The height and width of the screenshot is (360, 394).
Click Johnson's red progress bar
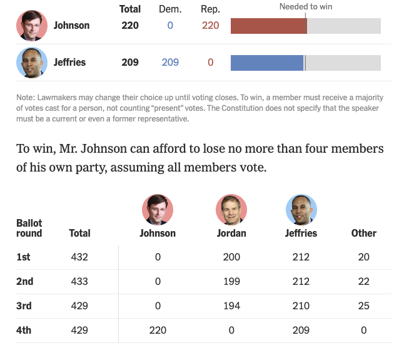[268, 26]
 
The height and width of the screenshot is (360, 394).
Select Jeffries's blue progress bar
[267, 63]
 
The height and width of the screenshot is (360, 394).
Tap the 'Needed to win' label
[306, 7]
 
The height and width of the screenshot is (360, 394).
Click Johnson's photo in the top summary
[32, 26]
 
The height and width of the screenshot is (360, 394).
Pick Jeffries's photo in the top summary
[32, 63]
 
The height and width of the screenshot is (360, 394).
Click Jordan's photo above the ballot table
[231, 210]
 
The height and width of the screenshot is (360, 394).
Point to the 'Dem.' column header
[170, 9]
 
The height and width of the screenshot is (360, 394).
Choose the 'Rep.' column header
[210, 9]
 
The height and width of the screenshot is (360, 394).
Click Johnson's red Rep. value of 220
[211, 26]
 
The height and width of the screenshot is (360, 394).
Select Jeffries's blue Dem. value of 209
[170, 63]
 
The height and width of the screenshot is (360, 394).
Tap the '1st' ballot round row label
[23, 257]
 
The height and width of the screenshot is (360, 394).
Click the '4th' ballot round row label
[24, 330]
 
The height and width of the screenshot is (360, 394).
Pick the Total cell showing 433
[79, 281]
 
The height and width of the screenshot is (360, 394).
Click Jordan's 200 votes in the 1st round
[231, 257]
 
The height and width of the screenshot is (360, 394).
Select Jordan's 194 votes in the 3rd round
[231, 306]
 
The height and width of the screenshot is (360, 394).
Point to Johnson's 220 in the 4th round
[158, 330]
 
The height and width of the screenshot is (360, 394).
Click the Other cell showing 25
[364, 306]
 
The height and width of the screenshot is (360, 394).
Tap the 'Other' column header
[364, 233]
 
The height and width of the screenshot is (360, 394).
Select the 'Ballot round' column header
[29, 228]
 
